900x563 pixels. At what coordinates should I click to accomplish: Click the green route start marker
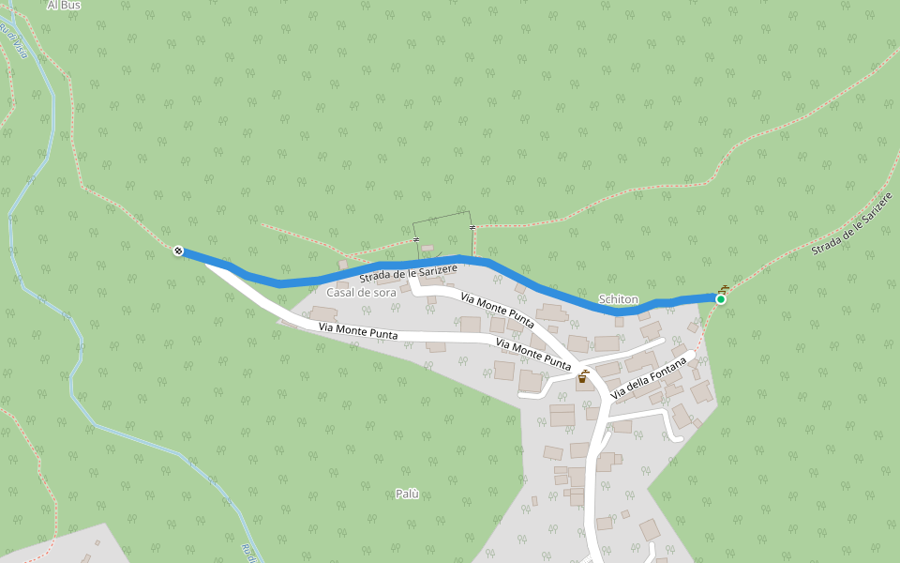[x=720, y=299]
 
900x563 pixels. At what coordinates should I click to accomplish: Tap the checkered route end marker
[x=178, y=251]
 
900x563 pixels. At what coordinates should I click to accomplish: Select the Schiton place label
[x=618, y=299]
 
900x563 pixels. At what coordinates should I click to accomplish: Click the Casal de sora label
[x=361, y=293]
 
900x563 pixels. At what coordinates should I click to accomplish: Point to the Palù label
[x=407, y=494]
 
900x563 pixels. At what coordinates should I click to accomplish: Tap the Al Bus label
[x=65, y=6]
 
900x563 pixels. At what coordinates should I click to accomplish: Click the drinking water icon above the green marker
[x=723, y=289]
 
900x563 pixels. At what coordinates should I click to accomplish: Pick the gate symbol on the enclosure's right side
[x=472, y=228]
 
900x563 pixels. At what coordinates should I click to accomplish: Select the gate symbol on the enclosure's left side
[x=415, y=239]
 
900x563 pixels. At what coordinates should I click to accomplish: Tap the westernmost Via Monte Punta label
[x=358, y=331]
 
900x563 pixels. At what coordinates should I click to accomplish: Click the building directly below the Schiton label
[x=607, y=342]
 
